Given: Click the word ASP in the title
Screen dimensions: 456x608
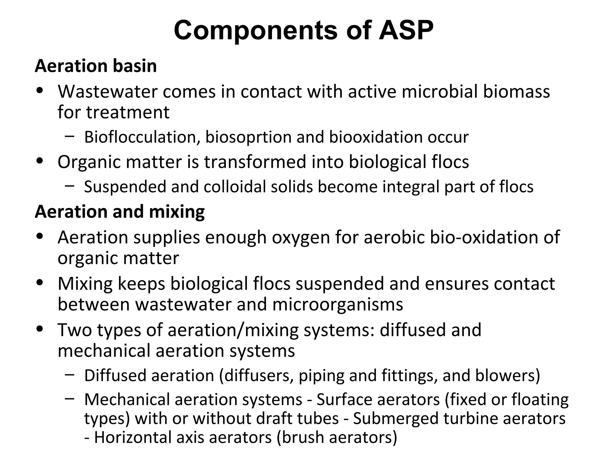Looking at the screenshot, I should (406, 30).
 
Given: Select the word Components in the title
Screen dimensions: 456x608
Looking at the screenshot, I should (255, 30).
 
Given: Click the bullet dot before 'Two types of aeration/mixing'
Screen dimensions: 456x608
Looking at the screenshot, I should (39, 329).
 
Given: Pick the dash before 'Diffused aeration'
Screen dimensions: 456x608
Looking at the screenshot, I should (69, 375).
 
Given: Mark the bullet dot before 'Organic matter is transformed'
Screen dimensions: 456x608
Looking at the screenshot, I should (39, 161).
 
